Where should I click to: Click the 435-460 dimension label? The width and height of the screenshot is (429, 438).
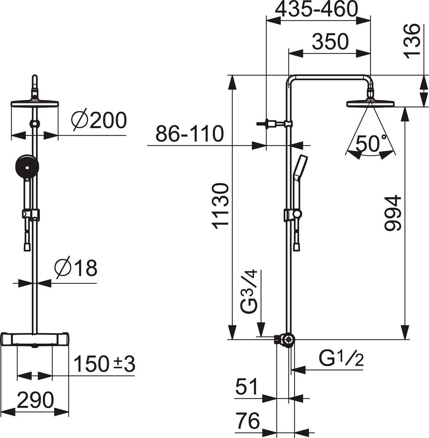(x=316, y=9)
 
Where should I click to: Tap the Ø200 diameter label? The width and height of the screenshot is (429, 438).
(x=99, y=120)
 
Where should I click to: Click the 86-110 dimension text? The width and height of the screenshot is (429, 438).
(x=190, y=134)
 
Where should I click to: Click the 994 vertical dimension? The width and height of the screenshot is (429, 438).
(x=393, y=214)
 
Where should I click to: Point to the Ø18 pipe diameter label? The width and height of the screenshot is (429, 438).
(x=76, y=268)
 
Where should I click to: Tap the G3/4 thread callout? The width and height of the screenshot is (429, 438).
(x=249, y=292)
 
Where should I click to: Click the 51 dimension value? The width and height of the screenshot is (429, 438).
(x=247, y=387)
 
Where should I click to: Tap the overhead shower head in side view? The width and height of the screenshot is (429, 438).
(x=371, y=104)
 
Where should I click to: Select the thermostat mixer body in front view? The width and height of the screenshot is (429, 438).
(x=35, y=339)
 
